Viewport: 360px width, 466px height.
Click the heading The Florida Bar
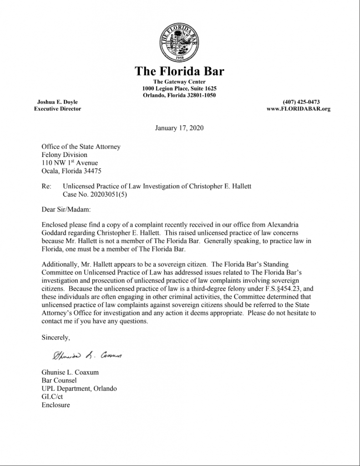click(x=179, y=71)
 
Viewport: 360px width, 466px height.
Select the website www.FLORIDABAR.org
click(x=298, y=109)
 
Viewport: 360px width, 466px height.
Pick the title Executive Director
click(x=57, y=109)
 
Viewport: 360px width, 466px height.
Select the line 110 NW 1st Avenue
click(x=70, y=163)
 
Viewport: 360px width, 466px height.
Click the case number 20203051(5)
click(x=104, y=194)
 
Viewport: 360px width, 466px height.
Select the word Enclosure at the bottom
click(x=56, y=405)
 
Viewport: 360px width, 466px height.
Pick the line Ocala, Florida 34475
click(x=71, y=171)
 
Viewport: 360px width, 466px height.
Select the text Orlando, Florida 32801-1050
click(x=179, y=95)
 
